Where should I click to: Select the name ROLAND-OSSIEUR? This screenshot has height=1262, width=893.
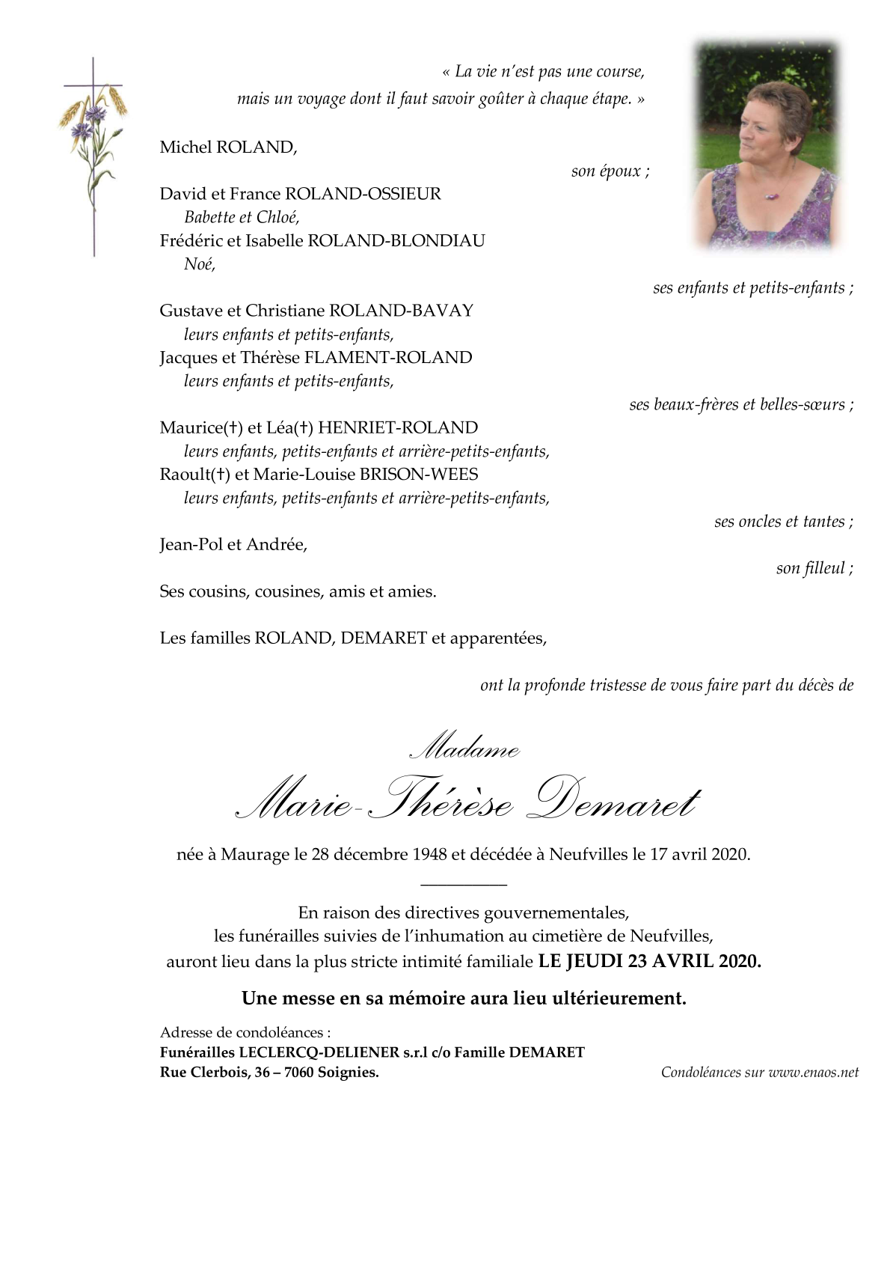pos(363,194)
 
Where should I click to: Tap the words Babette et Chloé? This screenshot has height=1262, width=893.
pos(242,217)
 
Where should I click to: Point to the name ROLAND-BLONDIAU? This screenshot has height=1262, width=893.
pos(396,241)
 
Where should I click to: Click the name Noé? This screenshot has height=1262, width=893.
pos(199,264)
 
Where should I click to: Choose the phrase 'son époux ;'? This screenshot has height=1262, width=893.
pos(610,171)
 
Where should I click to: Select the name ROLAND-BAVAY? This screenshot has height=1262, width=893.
pos(402,311)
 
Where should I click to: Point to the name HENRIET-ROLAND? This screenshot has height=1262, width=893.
pos(398,428)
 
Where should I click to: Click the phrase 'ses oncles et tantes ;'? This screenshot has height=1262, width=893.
pos(783,522)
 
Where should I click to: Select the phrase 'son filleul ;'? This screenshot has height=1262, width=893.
pos(814,569)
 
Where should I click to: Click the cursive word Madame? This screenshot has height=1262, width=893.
pos(465,747)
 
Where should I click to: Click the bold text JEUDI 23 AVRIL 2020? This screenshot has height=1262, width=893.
pos(663,962)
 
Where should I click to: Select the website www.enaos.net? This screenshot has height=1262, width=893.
pos(813,1073)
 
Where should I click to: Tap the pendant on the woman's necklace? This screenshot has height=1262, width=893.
pos(769,198)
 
